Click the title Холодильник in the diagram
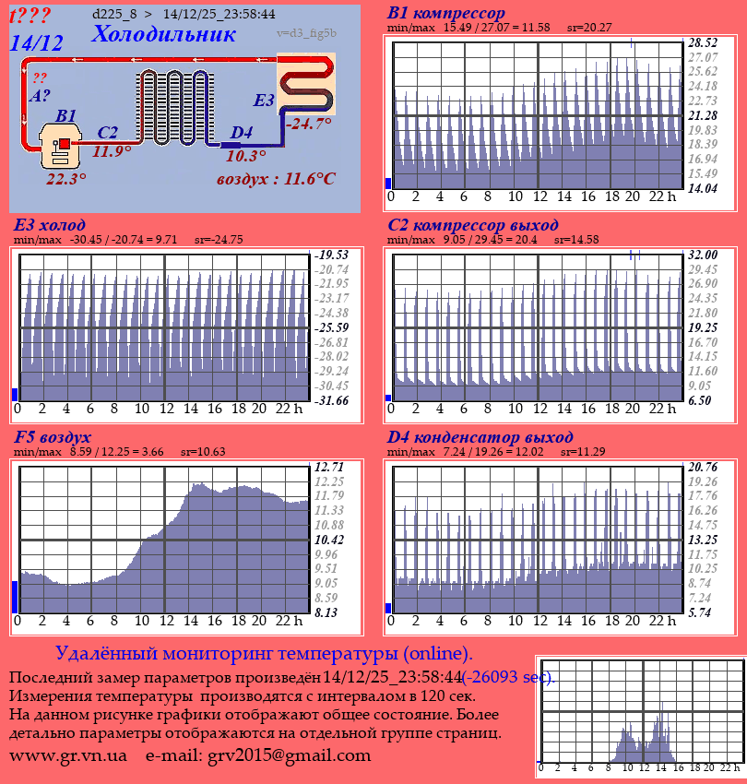coord(163,35)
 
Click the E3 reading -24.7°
coord(308,124)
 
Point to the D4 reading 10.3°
coord(246,157)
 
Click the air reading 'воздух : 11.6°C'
coord(276,179)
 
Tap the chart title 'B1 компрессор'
coord(446,14)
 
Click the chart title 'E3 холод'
coord(50,225)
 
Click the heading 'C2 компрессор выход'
coord(472,225)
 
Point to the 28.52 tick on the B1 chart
coord(703,43)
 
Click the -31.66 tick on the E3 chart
coord(331,400)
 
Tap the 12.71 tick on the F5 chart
coord(329,467)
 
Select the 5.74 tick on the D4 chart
coord(703,612)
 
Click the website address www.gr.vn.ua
coord(68,755)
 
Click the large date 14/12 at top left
coord(36,42)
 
